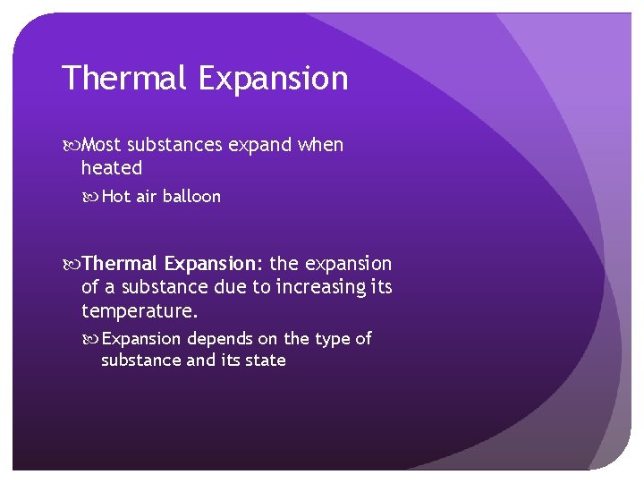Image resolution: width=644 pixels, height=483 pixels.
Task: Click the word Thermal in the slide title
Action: point(125,79)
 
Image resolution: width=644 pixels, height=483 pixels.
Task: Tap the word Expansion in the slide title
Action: point(274,79)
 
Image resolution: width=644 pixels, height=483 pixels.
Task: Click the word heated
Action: point(111,168)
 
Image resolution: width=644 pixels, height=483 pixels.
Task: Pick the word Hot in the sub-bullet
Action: point(116,197)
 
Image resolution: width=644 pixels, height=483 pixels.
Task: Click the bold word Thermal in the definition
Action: point(120,264)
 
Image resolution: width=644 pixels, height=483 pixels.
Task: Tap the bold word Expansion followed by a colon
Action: point(214,264)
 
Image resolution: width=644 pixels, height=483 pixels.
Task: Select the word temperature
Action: point(140,311)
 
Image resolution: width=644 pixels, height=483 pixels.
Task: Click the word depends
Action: point(216,339)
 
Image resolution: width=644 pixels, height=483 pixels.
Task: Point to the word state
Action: point(265,360)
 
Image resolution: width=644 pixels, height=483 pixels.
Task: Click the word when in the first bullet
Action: point(319,145)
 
